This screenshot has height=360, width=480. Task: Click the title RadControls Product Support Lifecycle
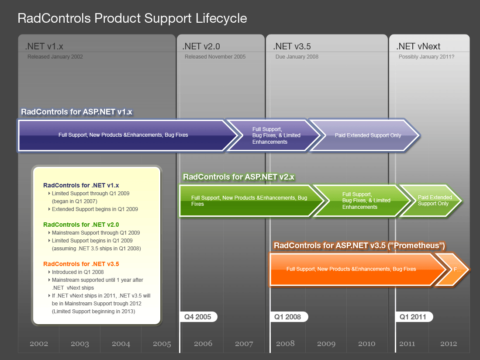(132, 18)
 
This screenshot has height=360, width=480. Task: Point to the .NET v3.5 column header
(292, 46)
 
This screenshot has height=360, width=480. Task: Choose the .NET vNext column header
(418, 46)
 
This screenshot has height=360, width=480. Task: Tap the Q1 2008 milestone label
(287, 317)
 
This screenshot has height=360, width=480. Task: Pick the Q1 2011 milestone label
(413, 317)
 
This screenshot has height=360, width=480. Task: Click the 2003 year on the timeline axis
(80, 344)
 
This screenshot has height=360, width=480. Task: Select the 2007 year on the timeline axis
(244, 344)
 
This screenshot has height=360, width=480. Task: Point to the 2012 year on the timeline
(449, 344)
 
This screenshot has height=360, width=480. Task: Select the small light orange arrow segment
(456, 269)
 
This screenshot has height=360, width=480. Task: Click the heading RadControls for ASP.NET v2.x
(238, 177)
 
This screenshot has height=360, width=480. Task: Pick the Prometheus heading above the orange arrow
(359, 246)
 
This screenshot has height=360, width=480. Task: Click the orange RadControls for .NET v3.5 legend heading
(81, 264)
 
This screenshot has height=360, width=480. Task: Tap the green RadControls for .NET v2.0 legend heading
(81, 225)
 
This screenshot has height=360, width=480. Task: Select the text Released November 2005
(215, 57)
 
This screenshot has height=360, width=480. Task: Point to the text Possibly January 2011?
(426, 57)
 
